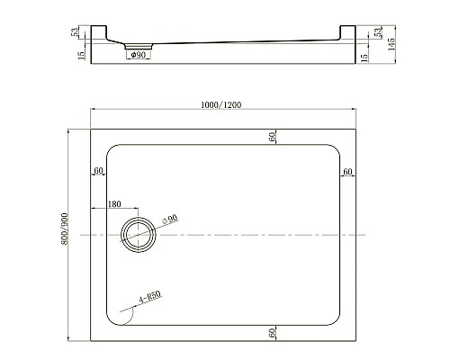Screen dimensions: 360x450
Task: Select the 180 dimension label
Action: [114, 204]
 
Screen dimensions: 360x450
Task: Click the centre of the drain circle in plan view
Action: [138, 235]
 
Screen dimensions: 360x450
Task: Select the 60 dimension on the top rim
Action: [270, 136]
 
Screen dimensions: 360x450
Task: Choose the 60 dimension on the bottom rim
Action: [270, 333]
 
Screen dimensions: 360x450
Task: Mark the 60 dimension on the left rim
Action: [99, 172]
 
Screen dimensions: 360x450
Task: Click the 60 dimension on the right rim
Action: [346, 172]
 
